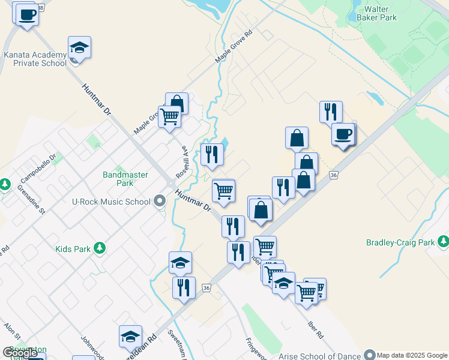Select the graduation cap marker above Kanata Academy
(79, 47)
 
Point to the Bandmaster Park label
(118, 178)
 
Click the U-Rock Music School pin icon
(160, 201)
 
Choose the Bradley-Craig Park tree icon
(443, 242)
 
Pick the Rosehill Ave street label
(181, 163)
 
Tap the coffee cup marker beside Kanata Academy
(26, 14)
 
